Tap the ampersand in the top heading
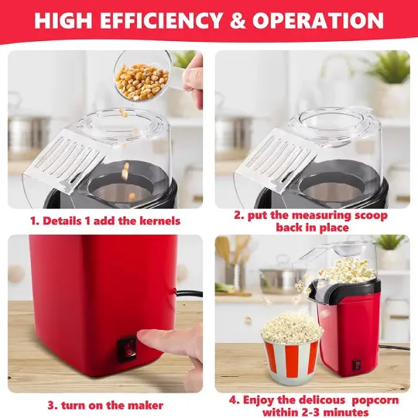coord(238,21)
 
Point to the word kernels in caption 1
coord(158,221)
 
